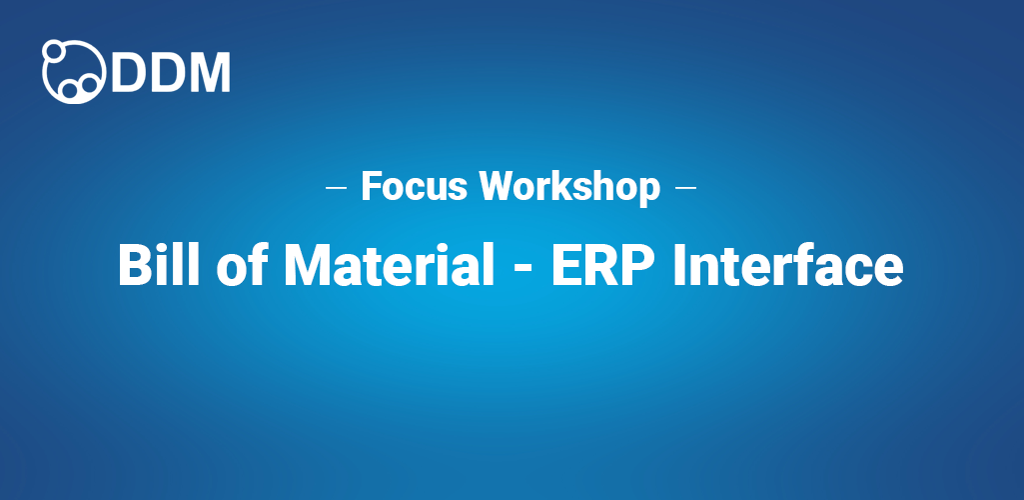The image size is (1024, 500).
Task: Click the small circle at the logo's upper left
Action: [52, 51]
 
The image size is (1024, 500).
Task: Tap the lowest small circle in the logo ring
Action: [71, 91]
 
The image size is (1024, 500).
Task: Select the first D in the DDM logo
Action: [130, 71]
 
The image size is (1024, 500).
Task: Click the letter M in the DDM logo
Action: [212, 71]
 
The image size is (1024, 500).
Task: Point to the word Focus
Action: [415, 186]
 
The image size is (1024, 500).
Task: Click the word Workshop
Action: [569, 187]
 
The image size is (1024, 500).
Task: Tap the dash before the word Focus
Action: [337, 187]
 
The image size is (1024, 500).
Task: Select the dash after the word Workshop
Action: [686, 187]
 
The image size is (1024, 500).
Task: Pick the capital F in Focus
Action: [370, 187]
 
